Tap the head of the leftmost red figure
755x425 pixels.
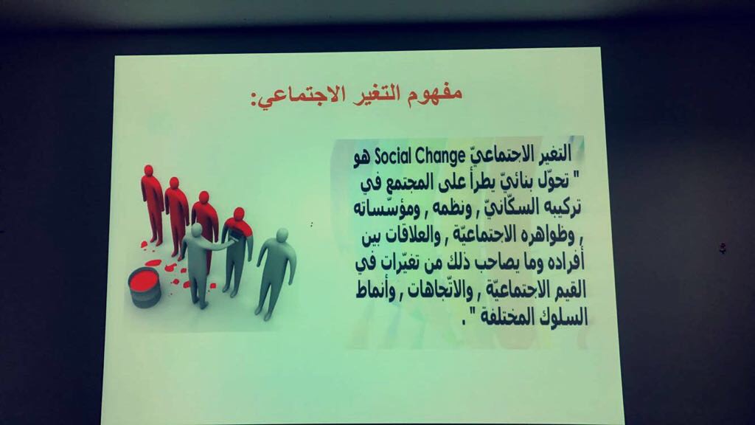point(148,170)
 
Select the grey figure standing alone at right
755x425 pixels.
point(275,273)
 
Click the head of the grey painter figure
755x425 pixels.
point(196,230)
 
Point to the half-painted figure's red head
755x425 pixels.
point(239,214)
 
